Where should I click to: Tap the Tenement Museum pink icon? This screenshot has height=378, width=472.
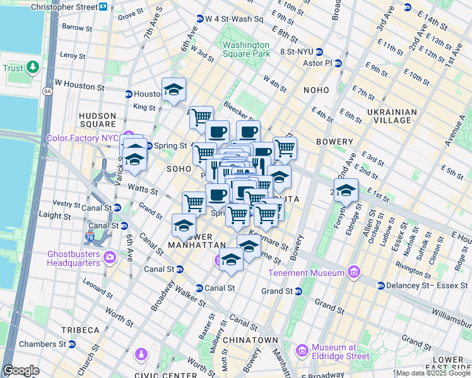(353, 273)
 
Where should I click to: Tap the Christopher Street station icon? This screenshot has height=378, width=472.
(103, 6)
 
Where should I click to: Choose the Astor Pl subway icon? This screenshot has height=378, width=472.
(338, 63)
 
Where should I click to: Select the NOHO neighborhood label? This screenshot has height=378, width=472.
(316, 90)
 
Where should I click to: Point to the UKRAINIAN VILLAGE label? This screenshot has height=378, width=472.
(391, 117)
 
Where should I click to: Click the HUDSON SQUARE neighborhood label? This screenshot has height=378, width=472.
(98, 120)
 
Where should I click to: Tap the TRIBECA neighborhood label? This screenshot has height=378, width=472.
(80, 330)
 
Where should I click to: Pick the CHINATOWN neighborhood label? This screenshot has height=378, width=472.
(254, 340)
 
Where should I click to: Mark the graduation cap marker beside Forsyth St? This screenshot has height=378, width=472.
(346, 190)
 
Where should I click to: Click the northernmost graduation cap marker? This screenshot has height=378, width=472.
(174, 89)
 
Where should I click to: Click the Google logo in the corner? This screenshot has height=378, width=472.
(21, 370)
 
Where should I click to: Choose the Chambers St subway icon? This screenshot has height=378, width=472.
(72, 344)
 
